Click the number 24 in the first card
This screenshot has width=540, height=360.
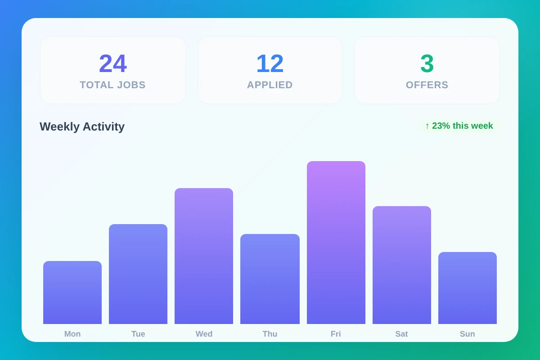coord(112,63)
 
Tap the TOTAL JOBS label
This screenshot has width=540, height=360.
coord(112,85)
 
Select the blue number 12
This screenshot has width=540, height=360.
coord(270,63)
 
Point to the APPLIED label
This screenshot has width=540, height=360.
coord(270,85)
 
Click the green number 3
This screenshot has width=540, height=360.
coord(427,63)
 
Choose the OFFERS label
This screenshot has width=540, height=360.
coord(427,85)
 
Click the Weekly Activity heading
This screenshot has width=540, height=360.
coord(82,126)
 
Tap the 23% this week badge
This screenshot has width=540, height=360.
coord(459,126)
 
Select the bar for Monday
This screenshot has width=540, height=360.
coord(72,292)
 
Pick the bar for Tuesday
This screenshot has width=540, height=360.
coord(138,274)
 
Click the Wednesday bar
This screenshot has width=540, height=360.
coord(204,256)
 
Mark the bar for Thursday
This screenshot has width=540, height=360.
coord(270,279)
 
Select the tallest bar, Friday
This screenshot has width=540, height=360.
coord(336,243)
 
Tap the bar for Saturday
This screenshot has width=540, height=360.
coord(402,265)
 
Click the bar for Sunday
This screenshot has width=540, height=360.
coord(468,288)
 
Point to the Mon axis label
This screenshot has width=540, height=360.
coord(72,334)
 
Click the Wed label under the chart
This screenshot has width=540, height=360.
coord(204,334)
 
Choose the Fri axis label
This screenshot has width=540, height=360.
coord(336,334)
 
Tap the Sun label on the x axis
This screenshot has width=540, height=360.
coord(468,334)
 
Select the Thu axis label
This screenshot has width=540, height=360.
coord(270,334)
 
